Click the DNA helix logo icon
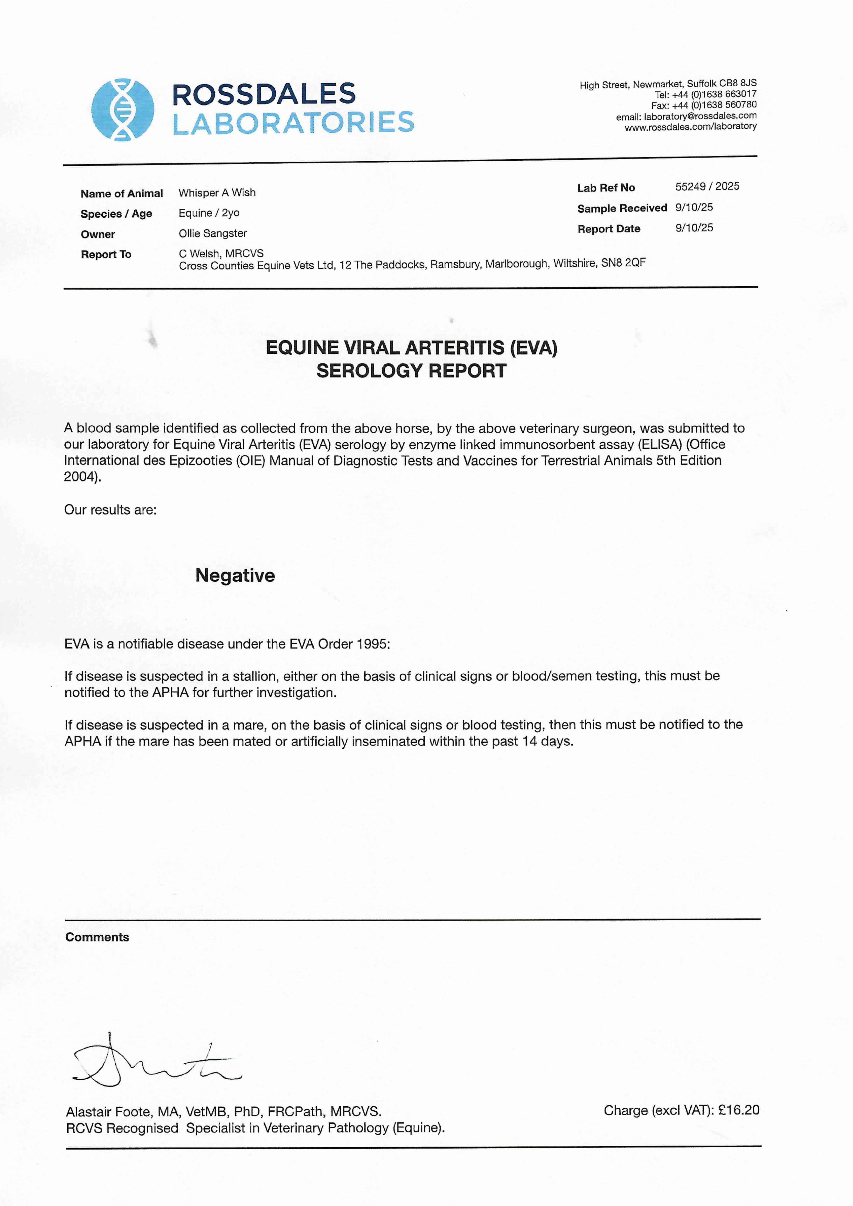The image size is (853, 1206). coord(122,109)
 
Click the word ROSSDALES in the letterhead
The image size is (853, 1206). coord(264,95)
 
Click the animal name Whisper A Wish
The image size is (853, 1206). coord(217,193)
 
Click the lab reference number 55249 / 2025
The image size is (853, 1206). coord(707,186)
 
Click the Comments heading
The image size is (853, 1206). coord(97,937)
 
